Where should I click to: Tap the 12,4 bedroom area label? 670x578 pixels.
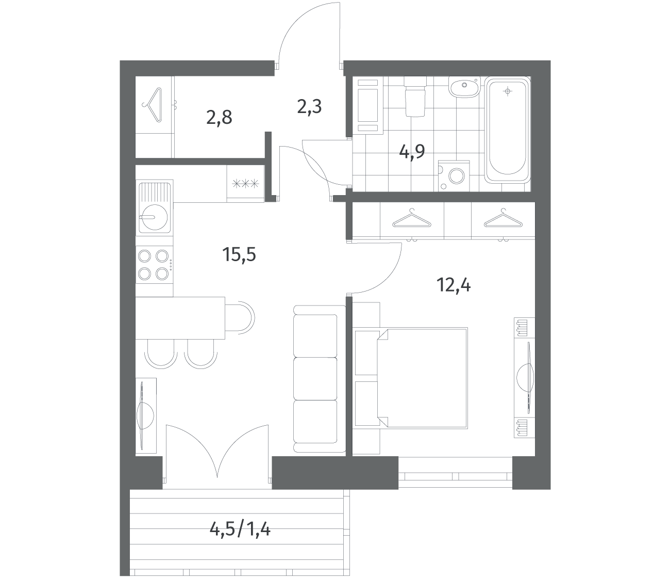(x=454, y=285)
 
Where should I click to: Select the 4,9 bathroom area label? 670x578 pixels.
(x=412, y=151)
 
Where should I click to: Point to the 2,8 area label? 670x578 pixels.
(x=219, y=117)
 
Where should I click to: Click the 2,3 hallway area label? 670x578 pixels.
(x=309, y=106)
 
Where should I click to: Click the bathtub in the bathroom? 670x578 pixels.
(x=507, y=130)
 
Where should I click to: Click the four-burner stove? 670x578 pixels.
(x=154, y=265)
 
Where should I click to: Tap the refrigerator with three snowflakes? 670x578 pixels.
(x=246, y=184)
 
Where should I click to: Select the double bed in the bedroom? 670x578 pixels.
(x=422, y=378)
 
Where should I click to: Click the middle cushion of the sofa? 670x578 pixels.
(x=315, y=379)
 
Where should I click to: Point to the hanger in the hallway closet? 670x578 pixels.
(x=153, y=105)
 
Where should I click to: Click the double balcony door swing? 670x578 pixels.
(x=217, y=455)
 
